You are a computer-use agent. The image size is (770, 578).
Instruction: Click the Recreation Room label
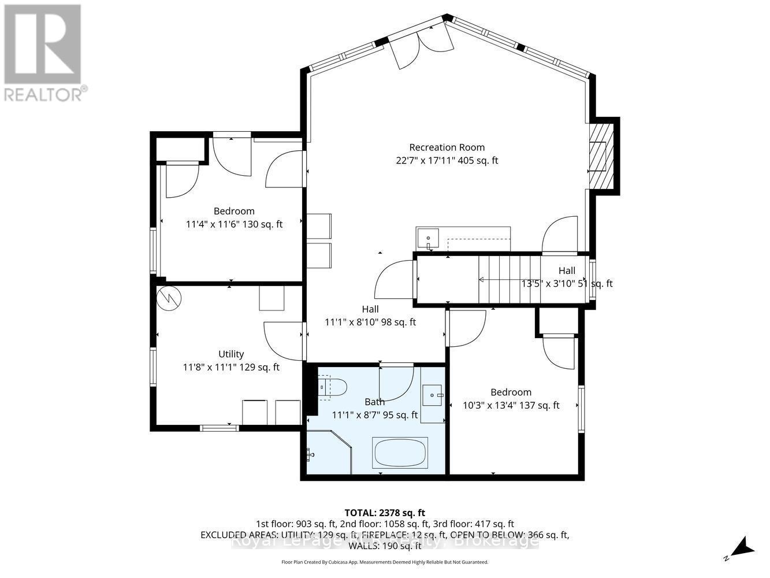click(x=447, y=147)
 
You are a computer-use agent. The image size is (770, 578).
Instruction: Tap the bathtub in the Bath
click(x=400, y=453)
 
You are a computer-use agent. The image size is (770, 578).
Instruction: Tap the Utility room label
click(x=230, y=354)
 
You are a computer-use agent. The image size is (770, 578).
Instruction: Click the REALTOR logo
click(x=43, y=52)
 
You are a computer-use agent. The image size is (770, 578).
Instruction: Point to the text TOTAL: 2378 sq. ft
click(x=384, y=512)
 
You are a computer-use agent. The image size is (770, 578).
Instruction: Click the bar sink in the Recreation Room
click(x=428, y=238)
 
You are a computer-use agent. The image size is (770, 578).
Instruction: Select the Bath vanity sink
click(x=432, y=396)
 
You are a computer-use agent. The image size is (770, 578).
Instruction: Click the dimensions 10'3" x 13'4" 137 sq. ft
click(x=511, y=405)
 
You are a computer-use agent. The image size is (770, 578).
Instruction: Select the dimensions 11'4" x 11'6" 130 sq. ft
click(x=234, y=224)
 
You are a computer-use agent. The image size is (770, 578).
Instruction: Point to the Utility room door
click(x=283, y=341)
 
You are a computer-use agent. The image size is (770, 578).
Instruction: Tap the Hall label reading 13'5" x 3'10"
click(x=567, y=277)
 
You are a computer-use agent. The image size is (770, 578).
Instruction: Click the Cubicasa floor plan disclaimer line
click(x=384, y=562)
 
